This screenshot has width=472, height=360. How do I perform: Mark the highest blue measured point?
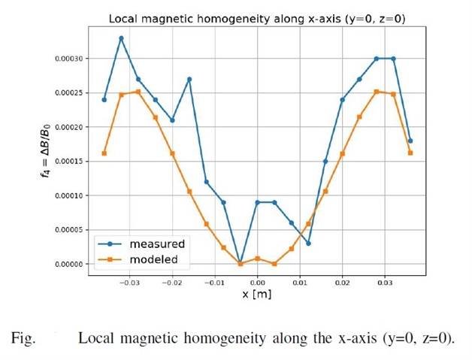pos(121,38)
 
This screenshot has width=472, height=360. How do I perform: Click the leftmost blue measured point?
pos(104,99)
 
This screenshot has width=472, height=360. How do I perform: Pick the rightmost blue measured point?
pos(410,141)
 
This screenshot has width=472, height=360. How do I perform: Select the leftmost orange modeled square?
pos(104,153)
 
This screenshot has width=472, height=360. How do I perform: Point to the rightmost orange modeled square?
pos(410,153)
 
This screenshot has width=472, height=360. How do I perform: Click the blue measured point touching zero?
pos(240,264)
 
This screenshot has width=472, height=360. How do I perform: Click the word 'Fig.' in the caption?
pos(25,338)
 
